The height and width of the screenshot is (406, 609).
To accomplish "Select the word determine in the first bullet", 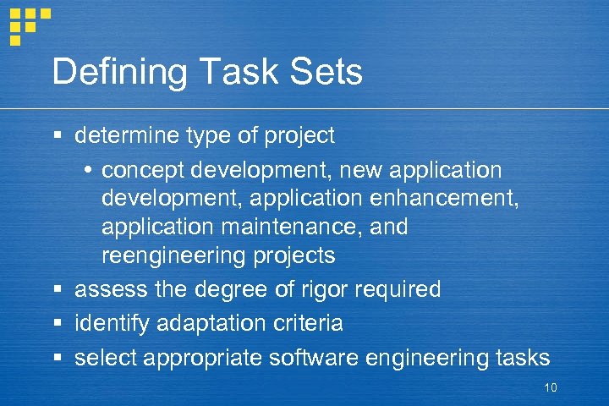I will coord(128,135).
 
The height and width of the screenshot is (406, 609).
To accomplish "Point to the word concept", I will coord(143,171).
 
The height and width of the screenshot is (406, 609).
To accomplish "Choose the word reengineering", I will coord(173,255).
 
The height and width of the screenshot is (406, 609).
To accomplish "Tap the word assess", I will coord(112,290).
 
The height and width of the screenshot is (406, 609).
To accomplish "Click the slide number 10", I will coord(550,388).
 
